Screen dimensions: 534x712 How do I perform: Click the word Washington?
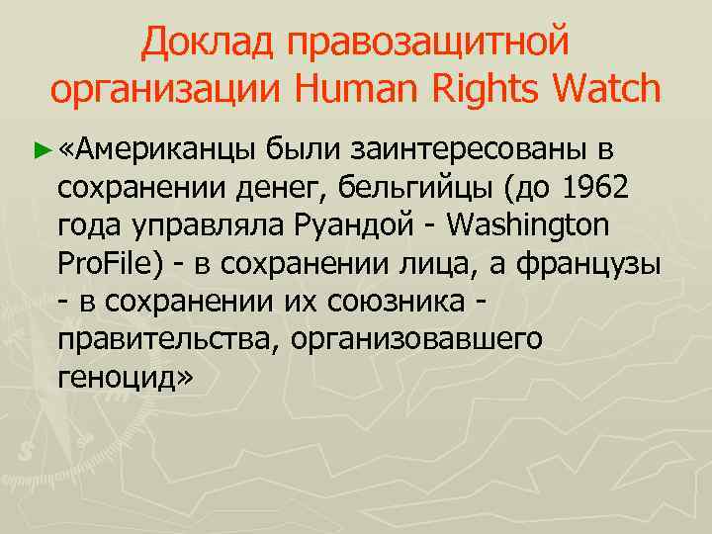tap(529, 226)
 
